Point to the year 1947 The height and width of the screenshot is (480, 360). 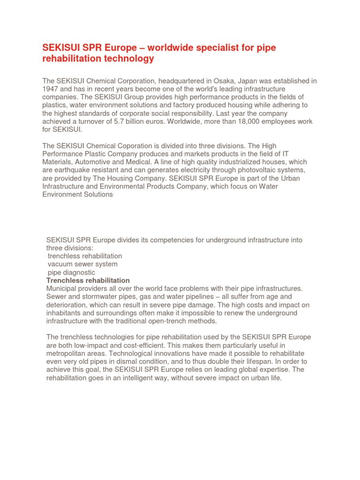[x=50, y=89]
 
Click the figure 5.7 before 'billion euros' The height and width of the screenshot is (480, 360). [x=113, y=122]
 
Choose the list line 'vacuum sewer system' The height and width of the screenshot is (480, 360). [x=82, y=264]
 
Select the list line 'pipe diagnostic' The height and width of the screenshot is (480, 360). [x=71, y=272]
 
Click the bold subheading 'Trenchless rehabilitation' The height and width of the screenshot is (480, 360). [x=88, y=280]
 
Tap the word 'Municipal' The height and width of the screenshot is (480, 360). [x=61, y=288]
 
